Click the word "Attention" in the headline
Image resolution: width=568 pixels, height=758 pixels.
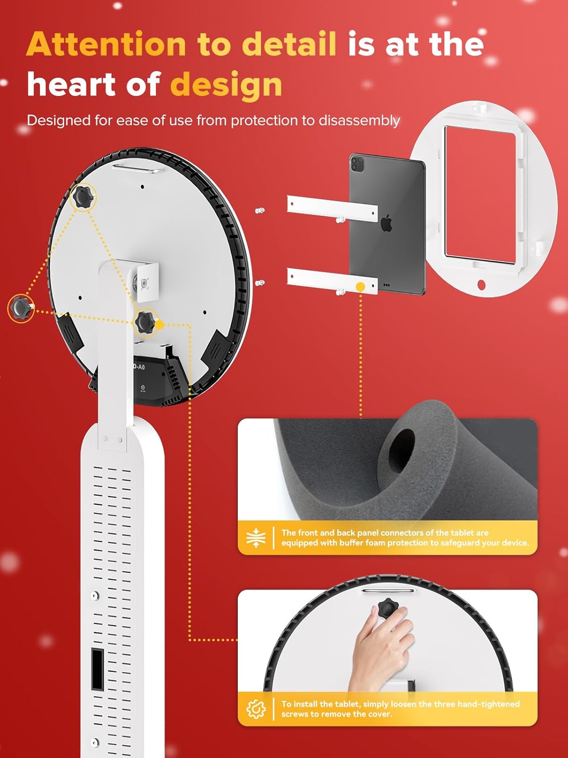tap(106, 44)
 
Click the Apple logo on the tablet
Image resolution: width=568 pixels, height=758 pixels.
tap(387, 223)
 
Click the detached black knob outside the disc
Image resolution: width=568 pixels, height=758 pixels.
tap(21, 308)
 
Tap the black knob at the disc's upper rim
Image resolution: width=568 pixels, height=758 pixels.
tap(83, 197)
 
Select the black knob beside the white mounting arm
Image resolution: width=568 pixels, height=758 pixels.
tap(145, 322)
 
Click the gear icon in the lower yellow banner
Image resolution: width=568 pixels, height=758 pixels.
tap(256, 709)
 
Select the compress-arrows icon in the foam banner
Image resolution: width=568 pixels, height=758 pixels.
tap(256, 537)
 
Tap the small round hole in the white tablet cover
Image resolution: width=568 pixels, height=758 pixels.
tap(481, 285)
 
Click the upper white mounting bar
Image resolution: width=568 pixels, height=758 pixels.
tap(332, 209)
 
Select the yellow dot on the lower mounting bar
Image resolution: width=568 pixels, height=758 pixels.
tap(360, 287)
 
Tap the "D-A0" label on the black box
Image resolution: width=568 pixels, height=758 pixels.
tap(139, 366)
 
